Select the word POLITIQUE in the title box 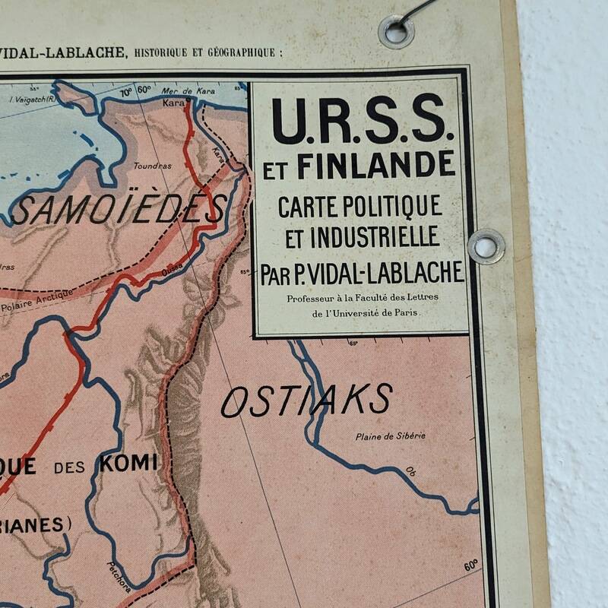pyautogui.click(x=396, y=204)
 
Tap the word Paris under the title pyautogui.click(x=407, y=312)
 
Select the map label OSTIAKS pyautogui.click(x=306, y=401)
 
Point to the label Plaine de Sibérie pyautogui.click(x=391, y=435)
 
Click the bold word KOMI pyautogui.click(x=128, y=461)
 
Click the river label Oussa pyautogui.click(x=171, y=266)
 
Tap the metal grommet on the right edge pyautogui.click(x=486, y=246)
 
